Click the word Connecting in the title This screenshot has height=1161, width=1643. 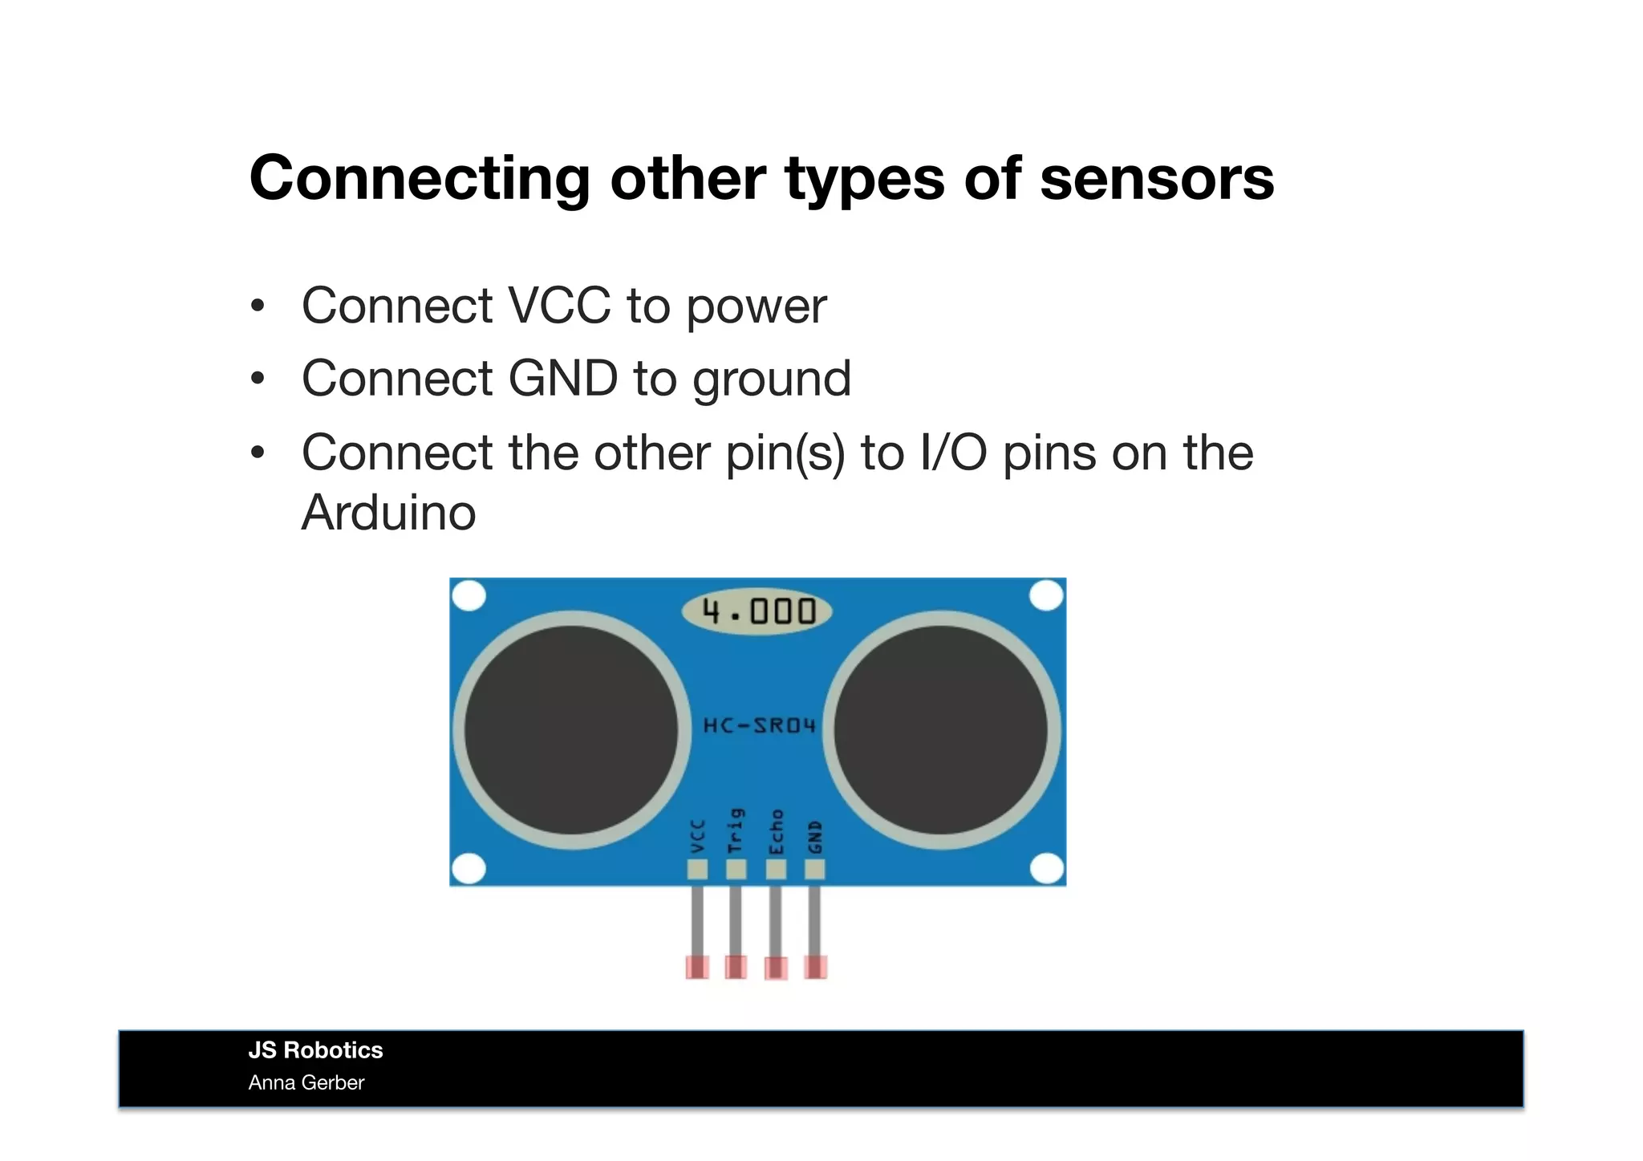[x=420, y=179]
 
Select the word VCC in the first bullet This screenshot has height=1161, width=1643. [x=559, y=306]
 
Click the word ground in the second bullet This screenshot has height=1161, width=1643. [x=771, y=379]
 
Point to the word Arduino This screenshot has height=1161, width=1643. [x=388, y=513]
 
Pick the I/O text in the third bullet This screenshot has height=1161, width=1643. [x=954, y=453]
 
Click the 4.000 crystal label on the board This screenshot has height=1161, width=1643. [x=757, y=612]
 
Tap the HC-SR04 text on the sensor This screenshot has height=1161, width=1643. [x=759, y=725]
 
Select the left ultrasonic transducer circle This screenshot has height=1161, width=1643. [x=571, y=729]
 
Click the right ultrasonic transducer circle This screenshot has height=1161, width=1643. [x=941, y=729]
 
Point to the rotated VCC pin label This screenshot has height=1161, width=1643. [x=697, y=835]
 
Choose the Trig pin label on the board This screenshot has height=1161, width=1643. [x=736, y=831]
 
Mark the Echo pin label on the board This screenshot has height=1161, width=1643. [x=776, y=831]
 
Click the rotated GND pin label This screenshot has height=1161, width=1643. [x=815, y=836]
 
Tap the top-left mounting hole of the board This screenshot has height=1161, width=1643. [x=469, y=596]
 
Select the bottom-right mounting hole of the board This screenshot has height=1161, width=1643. [x=1046, y=868]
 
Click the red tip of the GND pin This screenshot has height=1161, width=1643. [x=816, y=967]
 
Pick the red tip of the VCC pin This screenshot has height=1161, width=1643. [x=697, y=967]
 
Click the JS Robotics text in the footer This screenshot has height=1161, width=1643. [x=315, y=1050]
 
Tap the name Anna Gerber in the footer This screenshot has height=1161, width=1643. [x=306, y=1083]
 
